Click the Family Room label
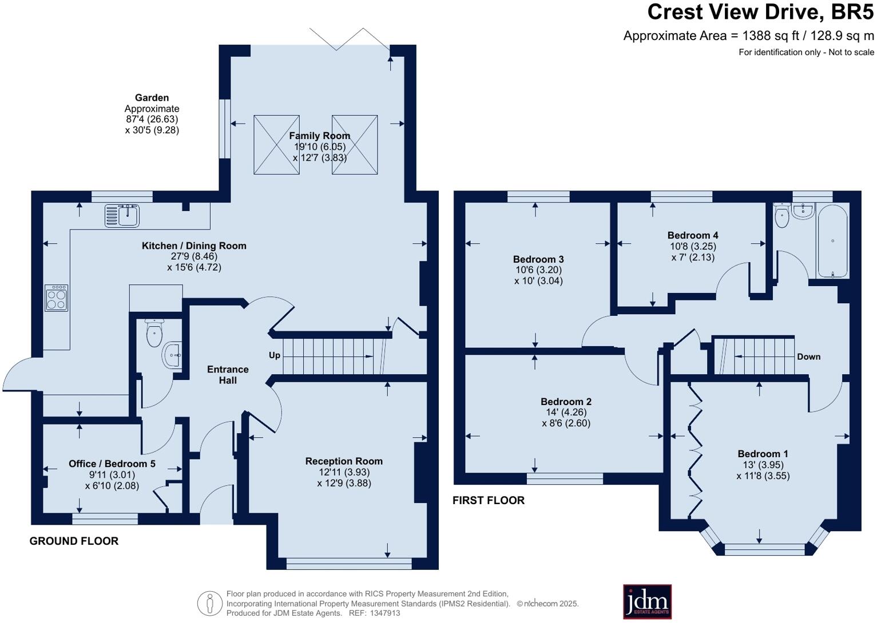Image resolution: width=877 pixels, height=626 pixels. coord(319,136)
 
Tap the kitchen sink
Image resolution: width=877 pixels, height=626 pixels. coord(122,216)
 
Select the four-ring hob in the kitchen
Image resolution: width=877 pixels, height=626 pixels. coord(57,298)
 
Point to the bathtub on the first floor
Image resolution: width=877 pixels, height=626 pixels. coord(832,241)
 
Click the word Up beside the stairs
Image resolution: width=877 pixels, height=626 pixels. coord(275,355)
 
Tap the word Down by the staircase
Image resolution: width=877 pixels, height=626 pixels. coord(808,356)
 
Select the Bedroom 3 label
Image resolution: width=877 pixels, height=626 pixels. coord(538,259)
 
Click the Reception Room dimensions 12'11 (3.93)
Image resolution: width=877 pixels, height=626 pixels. coord(344,472)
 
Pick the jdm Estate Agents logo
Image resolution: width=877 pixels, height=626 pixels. coord(647,602)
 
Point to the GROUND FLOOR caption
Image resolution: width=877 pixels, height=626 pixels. coord(74,541)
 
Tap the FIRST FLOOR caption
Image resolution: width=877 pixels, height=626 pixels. coord(489,500)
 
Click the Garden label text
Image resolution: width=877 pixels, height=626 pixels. coord(152,97)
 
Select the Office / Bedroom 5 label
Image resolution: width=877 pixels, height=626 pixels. coord(112,463)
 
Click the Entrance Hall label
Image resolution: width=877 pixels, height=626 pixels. coord(228,375)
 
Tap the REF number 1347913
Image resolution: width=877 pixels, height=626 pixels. coord(385,613)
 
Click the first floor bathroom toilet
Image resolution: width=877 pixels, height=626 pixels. coord(782,215)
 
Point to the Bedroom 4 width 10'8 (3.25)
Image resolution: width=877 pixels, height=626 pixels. coord(693,246)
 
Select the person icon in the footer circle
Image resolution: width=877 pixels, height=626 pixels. coord(210,603)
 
